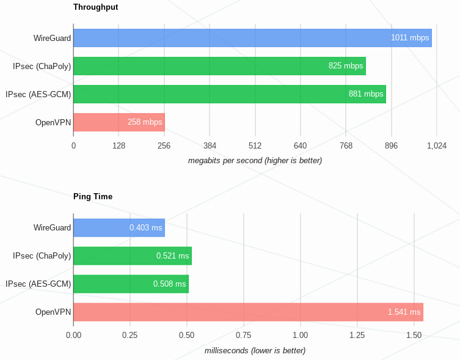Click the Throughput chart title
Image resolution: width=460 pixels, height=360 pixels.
coord(95,7)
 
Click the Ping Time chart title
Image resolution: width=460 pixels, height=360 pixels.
coord(92,197)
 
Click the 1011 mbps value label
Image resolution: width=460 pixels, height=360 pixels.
coord(410,38)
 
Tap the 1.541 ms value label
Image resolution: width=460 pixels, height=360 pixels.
coord(404,312)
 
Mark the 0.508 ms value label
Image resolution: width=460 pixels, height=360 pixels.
coord(169,284)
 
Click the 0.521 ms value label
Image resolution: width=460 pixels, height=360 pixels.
coord(172,256)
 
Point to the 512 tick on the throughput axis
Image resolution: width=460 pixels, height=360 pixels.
coord(255,145)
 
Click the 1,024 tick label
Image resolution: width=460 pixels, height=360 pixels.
coord(437,145)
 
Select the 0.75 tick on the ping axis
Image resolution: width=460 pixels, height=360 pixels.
coord(244,335)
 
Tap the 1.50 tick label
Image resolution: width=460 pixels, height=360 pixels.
coord(414,335)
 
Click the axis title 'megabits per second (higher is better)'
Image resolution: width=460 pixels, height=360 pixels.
coord(255,161)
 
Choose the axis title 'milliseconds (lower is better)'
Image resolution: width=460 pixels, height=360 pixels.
coord(255,351)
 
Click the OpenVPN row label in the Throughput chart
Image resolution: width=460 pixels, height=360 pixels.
coord(53,122)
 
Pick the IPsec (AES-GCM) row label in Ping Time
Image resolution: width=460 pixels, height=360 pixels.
coord(38,284)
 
